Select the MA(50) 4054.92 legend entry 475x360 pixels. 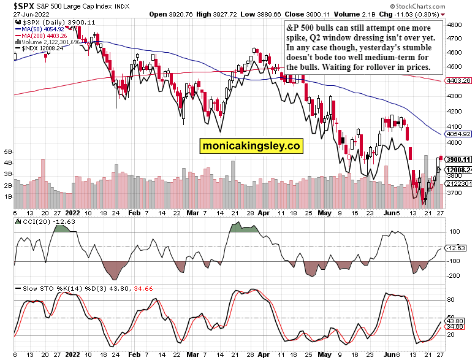point(42,28)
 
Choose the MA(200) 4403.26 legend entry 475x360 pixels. point(44,35)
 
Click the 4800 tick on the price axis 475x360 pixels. point(454,25)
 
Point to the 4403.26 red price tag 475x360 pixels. point(459,80)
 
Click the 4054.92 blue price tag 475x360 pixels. point(459,134)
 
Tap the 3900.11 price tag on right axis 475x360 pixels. point(459,159)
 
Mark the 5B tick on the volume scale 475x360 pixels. point(9,151)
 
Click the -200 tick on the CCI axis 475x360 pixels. point(455,276)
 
